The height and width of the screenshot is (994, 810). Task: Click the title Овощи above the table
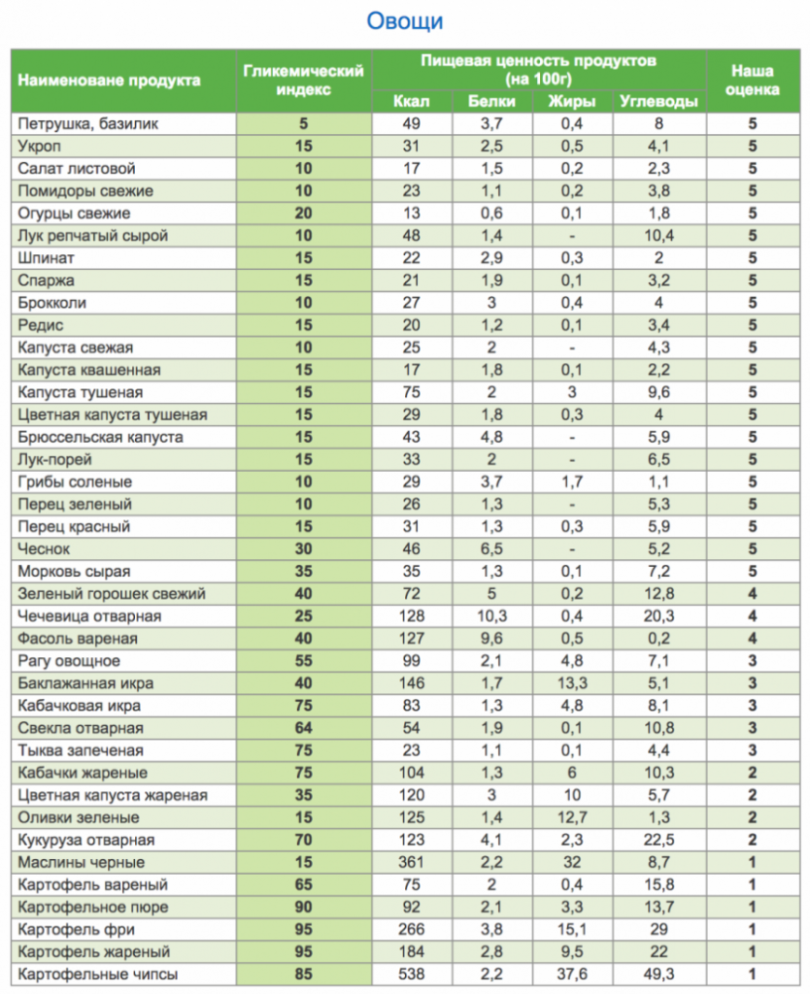405,20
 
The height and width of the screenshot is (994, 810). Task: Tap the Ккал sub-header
412,101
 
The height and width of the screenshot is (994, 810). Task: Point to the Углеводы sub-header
658,101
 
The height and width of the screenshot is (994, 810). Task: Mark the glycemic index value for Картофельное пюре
303,907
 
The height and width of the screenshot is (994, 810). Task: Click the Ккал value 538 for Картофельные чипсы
412,974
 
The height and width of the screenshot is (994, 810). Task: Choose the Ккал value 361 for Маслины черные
412,862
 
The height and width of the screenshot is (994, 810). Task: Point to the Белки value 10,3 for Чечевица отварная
491,616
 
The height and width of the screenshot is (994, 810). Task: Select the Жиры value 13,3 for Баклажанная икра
573,683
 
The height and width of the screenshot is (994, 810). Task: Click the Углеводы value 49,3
658,974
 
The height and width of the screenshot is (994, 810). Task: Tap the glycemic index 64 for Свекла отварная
303,728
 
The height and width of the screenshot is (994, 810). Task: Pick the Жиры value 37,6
573,974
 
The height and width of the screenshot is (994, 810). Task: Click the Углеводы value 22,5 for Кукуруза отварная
658,840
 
